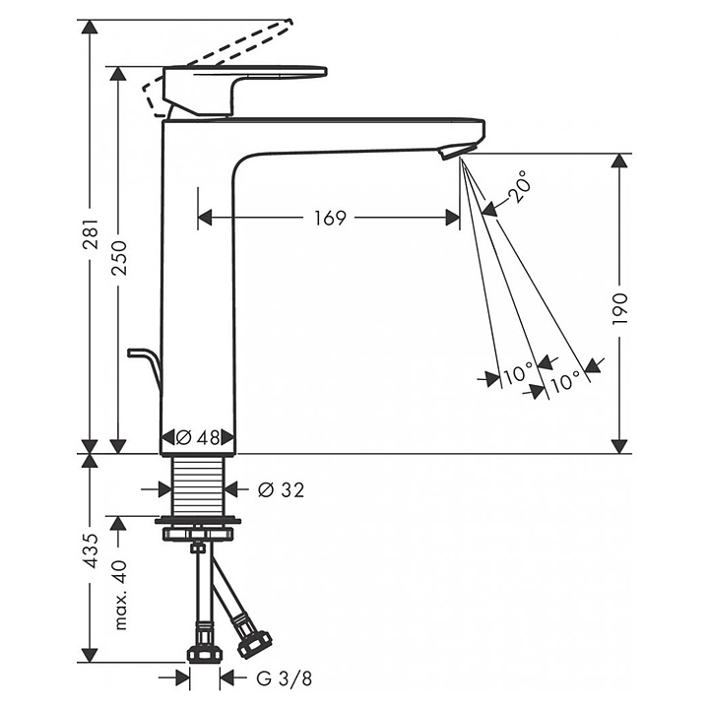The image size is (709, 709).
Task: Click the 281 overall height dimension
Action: tap(91, 234)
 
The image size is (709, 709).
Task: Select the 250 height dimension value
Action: tap(120, 258)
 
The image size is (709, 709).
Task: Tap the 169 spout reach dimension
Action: tap(330, 218)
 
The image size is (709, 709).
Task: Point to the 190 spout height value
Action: tap(620, 308)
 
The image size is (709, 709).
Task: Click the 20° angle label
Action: tap(518, 186)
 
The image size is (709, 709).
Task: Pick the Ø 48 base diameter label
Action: tap(198, 437)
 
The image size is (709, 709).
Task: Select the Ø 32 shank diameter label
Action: tap(281, 489)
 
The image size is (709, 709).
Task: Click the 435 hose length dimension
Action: tap(91, 550)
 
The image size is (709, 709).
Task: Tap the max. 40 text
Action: tap(120, 595)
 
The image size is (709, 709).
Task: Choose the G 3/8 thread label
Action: tap(284, 678)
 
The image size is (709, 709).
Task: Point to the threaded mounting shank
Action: tap(198, 485)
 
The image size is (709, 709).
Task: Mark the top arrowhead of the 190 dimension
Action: tap(619, 161)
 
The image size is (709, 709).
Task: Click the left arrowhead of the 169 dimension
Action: tap(205, 218)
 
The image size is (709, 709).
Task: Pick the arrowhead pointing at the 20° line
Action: tap(489, 210)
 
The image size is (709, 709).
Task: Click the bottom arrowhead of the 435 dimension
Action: tap(91, 655)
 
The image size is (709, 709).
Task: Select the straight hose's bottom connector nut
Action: tap(205, 654)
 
